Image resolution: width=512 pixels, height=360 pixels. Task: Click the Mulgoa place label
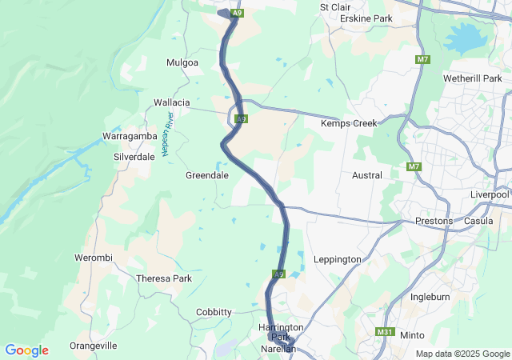pyautogui.click(x=182, y=62)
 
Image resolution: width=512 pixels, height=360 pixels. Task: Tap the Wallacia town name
pyautogui.click(x=172, y=102)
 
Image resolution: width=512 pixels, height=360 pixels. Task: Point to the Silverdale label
pyautogui.click(x=134, y=157)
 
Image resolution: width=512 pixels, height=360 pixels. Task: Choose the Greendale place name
pyautogui.click(x=207, y=174)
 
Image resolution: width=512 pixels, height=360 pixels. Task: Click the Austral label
pyautogui.click(x=367, y=174)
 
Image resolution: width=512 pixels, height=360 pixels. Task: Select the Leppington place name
pyautogui.click(x=339, y=258)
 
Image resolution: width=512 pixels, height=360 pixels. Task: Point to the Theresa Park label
pyautogui.click(x=165, y=278)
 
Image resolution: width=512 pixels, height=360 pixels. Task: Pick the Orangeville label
pyautogui.click(x=94, y=346)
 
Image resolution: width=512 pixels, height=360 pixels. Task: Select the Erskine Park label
pyautogui.click(x=366, y=18)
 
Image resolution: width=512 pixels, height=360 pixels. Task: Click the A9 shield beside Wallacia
pyautogui.click(x=241, y=119)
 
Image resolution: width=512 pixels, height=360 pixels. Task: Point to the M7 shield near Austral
pyautogui.click(x=414, y=166)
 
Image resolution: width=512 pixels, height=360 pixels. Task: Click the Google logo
pyautogui.click(x=26, y=350)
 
